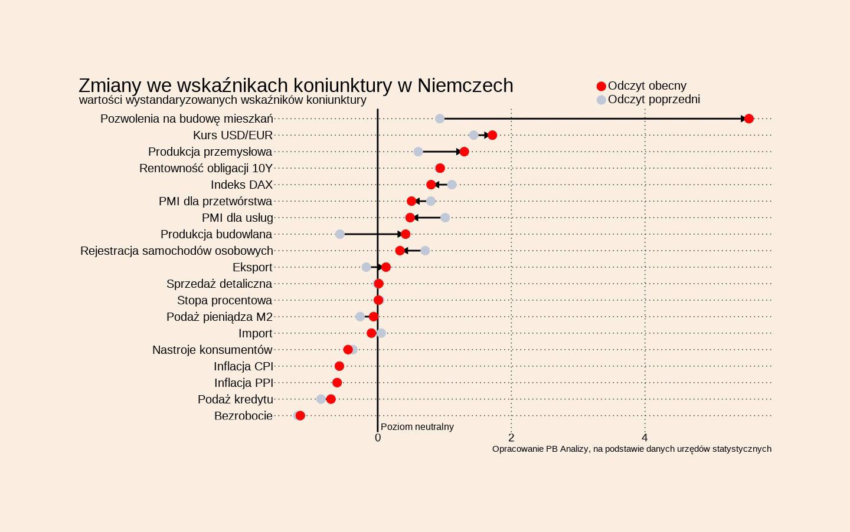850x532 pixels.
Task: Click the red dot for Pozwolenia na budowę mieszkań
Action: pyautogui.click(x=748, y=119)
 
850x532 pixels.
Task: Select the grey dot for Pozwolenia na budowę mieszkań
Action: pyautogui.click(x=440, y=119)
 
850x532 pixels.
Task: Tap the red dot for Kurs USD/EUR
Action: pyautogui.click(x=492, y=135)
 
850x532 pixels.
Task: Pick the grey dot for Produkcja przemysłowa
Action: pyautogui.click(x=419, y=152)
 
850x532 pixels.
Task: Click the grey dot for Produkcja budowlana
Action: pyautogui.click(x=340, y=234)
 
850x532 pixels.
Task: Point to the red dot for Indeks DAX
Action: pyautogui.click(x=431, y=185)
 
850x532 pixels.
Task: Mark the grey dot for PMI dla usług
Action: pyautogui.click(x=445, y=218)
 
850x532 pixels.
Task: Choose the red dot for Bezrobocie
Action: pyautogui.click(x=300, y=416)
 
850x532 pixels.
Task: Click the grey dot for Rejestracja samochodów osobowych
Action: pyautogui.click(x=425, y=251)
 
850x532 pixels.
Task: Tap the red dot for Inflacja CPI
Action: pyautogui.click(x=339, y=366)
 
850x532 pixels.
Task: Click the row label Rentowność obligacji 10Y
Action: pyautogui.click(x=206, y=169)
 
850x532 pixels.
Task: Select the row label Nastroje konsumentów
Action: pyautogui.click(x=212, y=350)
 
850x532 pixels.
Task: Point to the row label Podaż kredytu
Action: pyautogui.click(x=236, y=400)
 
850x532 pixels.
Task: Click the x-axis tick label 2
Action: pyautogui.click(x=511, y=438)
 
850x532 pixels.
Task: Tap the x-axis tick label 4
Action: pyautogui.click(x=645, y=438)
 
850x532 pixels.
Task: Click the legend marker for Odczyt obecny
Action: pyautogui.click(x=601, y=86)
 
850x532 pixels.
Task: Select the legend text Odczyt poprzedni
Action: pyautogui.click(x=654, y=99)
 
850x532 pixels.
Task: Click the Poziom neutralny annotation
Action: pyautogui.click(x=417, y=426)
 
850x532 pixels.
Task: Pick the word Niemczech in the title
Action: pyautogui.click(x=465, y=86)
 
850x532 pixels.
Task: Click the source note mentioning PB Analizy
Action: pyautogui.click(x=632, y=449)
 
